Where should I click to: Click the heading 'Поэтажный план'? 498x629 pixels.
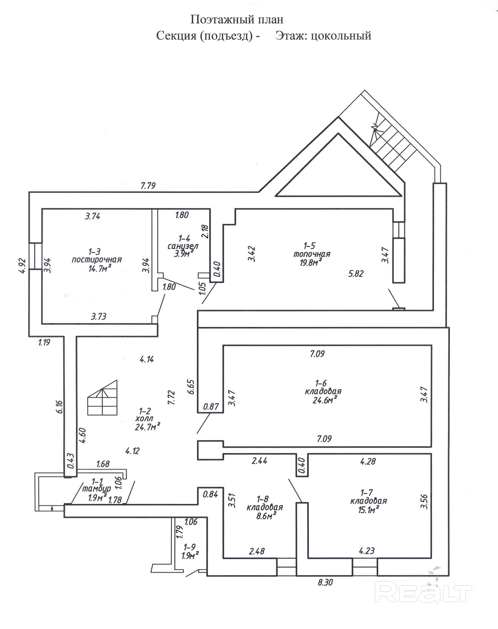click(237, 20)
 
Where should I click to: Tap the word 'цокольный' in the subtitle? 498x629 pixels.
click(341, 36)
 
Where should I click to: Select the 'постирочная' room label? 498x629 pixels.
click(97, 260)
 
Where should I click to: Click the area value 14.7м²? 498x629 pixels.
click(100, 268)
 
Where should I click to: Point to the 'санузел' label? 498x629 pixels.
click(183, 246)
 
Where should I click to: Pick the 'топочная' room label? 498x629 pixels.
click(312, 254)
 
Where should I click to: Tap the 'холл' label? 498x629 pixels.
click(144, 419)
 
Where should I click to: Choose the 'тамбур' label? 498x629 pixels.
click(97, 488)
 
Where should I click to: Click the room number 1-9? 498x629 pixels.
click(190, 547)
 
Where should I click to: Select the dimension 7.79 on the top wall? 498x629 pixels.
click(148, 185)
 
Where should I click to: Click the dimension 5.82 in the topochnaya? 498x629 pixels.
click(356, 273)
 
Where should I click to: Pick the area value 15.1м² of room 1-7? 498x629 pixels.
click(369, 509)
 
